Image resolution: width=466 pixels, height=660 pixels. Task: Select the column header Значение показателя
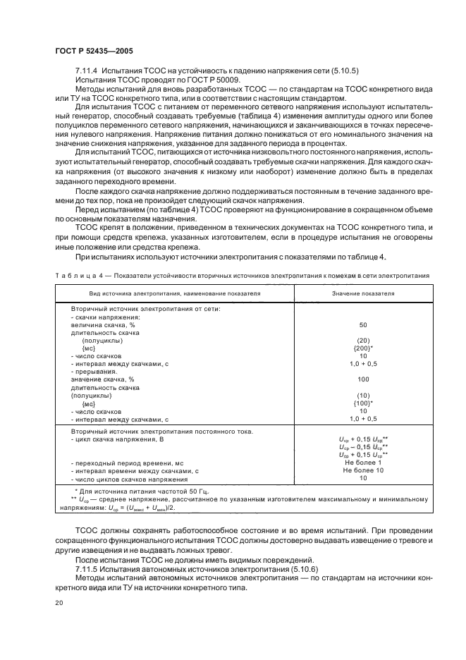[363, 292]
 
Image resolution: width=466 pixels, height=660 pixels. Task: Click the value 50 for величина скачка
[363, 325]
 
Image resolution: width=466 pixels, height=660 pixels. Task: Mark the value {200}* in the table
[363, 348]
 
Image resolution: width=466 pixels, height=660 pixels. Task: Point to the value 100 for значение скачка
[363, 379]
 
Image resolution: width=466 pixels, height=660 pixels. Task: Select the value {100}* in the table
[363, 403]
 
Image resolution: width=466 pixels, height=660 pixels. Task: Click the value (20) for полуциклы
[363, 341]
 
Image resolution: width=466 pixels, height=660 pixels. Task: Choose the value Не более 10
[363, 470]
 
